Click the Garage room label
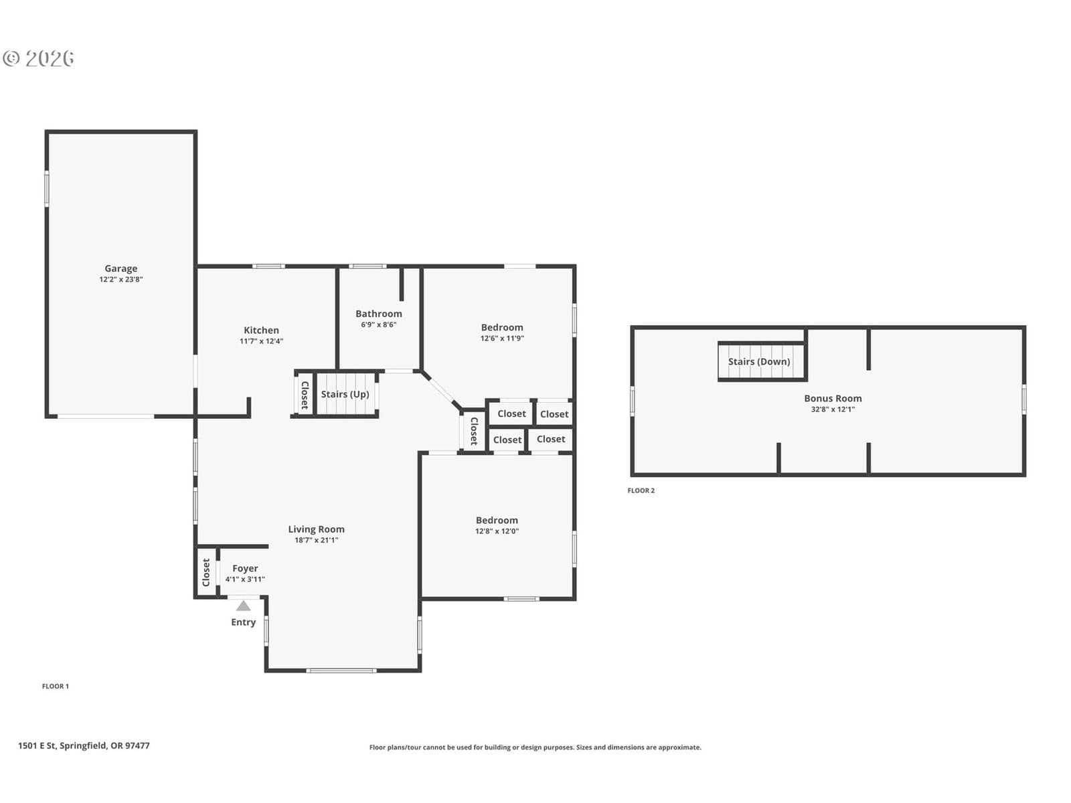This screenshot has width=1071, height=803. pyautogui.click(x=120, y=268)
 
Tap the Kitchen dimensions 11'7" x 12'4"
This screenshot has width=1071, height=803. pyautogui.click(x=261, y=341)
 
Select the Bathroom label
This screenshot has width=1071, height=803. pyautogui.click(x=379, y=313)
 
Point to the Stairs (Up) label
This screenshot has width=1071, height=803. pyautogui.click(x=345, y=394)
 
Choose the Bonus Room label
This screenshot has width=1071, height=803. pyautogui.click(x=833, y=398)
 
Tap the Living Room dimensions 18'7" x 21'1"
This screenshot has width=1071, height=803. pyautogui.click(x=316, y=540)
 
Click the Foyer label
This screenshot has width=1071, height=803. pyautogui.click(x=245, y=568)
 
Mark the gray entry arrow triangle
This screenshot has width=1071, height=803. pyautogui.click(x=244, y=606)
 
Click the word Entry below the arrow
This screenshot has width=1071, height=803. pyautogui.click(x=243, y=622)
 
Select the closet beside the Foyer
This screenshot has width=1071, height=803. pyautogui.click(x=206, y=572)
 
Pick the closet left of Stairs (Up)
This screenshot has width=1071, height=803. pyautogui.click(x=305, y=395)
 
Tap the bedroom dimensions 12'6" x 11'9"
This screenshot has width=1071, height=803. pyautogui.click(x=502, y=338)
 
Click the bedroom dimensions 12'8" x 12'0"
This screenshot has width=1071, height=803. pyautogui.click(x=497, y=531)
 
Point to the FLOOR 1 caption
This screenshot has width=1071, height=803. pyautogui.click(x=55, y=686)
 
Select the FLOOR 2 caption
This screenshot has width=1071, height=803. pyautogui.click(x=641, y=490)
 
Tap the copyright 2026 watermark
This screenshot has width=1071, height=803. pyautogui.click(x=38, y=58)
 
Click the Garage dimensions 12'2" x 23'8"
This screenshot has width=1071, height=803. pyautogui.click(x=121, y=279)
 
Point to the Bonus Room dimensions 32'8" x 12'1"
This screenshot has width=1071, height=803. pyautogui.click(x=833, y=409)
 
